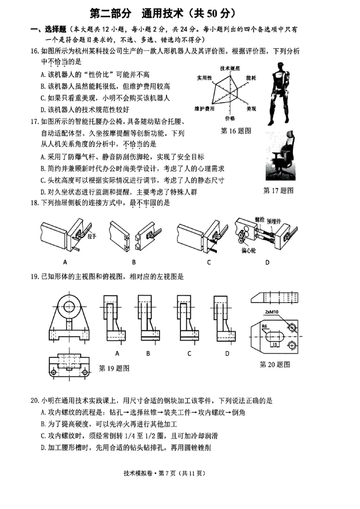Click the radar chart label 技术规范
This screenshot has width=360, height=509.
click(x=229, y=68)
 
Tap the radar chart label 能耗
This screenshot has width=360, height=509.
click(x=251, y=78)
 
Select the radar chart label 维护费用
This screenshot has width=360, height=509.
click(x=204, y=109)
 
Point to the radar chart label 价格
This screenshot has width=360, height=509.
click(x=229, y=118)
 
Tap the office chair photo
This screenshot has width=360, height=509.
click(x=280, y=157)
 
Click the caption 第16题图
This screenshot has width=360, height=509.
click(x=236, y=131)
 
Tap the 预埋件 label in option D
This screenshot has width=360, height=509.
click(x=274, y=221)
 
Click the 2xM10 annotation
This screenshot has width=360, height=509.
click(x=272, y=312)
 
